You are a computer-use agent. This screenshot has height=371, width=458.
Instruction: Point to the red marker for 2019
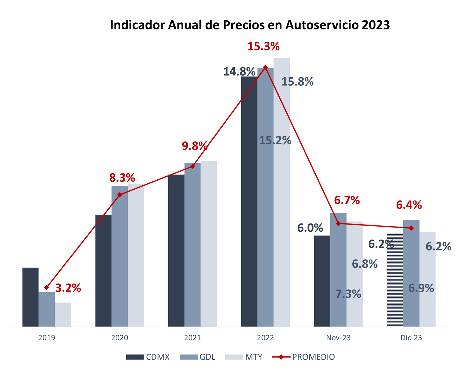[x=47, y=287]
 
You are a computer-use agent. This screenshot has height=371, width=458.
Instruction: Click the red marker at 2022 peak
[x=265, y=67]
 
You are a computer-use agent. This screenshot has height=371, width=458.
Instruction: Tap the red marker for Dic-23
[x=411, y=228]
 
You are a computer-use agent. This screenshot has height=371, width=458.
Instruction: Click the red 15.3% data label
[x=263, y=46]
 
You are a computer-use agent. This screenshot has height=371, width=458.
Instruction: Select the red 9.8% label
[x=195, y=146]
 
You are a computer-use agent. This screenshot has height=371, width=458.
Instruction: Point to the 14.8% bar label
[x=239, y=71]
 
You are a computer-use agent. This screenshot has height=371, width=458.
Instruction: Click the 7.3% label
[x=348, y=294]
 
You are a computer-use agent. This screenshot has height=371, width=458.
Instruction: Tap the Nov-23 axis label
[x=338, y=338]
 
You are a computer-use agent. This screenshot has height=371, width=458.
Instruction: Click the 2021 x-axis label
[x=192, y=338]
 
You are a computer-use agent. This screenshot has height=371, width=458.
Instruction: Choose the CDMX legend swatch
[x=135, y=357]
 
